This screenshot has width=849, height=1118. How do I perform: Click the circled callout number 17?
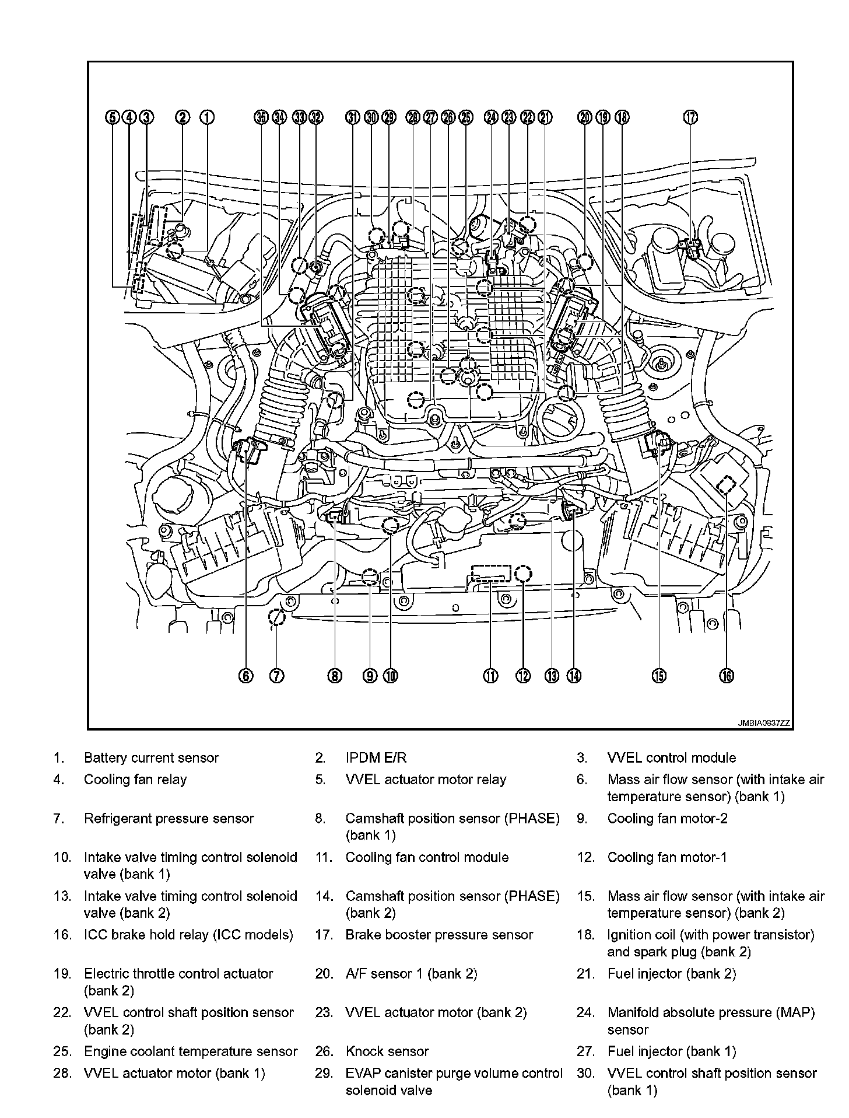pyautogui.click(x=690, y=117)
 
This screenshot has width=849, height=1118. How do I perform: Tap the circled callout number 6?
pyautogui.click(x=245, y=676)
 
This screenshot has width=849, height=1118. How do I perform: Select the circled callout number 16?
pyautogui.click(x=726, y=676)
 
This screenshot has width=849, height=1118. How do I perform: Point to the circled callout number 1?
pyautogui.click(x=207, y=117)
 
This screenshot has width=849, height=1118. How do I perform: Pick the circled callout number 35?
pyautogui.click(x=261, y=117)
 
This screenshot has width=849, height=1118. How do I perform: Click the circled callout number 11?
pyautogui.click(x=490, y=676)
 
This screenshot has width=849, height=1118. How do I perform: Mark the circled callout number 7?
pyautogui.click(x=276, y=676)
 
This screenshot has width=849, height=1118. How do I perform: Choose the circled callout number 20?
pyautogui.click(x=584, y=117)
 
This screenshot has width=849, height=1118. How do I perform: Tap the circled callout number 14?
pyautogui.click(x=574, y=676)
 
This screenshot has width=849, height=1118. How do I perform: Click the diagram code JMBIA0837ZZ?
pyautogui.click(x=764, y=723)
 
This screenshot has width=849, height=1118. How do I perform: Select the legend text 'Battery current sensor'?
pyautogui.click(x=151, y=758)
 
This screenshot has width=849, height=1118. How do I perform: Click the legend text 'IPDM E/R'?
pyautogui.click(x=376, y=758)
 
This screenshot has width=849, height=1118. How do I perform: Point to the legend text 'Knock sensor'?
pyautogui.click(x=387, y=1051)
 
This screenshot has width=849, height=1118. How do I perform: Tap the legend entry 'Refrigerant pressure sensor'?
pyautogui.click(x=169, y=819)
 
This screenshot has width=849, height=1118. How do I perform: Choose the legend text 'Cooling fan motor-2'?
pyautogui.click(x=667, y=819)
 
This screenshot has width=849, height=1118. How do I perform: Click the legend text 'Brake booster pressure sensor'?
pyautogui.click(x=439, y=935)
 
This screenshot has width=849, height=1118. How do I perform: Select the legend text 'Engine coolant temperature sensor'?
pyautogui.click(x=191, y=1051)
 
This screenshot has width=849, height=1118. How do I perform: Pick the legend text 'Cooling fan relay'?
pyautogui.click(x=135, y=780)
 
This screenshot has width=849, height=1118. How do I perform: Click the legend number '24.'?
pyautogui.click(x=585, y=1013)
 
